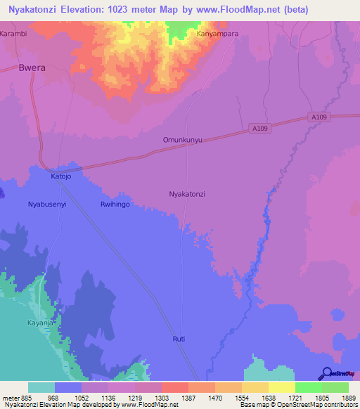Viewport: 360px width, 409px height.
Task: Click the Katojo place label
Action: click(61, 176)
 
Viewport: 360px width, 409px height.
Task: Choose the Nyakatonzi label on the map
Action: click(187, 193)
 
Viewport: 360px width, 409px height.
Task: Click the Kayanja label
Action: click(41, 323)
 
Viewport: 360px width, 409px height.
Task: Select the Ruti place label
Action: click(179, 339)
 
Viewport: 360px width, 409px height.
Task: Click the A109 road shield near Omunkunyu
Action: click(260, 129)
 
